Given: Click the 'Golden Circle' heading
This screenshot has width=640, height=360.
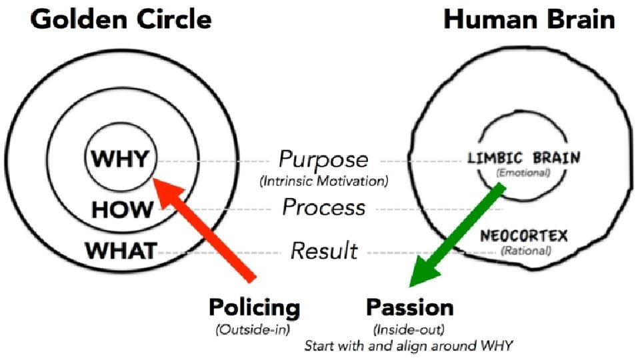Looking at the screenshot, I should (121, 19).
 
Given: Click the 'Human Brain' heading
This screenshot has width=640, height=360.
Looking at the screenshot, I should (529, 19).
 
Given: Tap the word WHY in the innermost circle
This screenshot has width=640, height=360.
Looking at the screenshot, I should (121, 160).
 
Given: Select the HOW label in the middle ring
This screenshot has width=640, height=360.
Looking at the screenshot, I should (122, 210).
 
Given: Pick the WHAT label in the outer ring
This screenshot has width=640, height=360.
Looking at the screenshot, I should (121, 251).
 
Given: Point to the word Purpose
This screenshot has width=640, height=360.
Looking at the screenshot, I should (323, 160).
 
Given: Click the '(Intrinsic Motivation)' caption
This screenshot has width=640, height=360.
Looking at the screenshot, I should (323, 180).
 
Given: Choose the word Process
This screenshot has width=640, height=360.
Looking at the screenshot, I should (324, 207).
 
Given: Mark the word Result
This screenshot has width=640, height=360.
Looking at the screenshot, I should (325, 251).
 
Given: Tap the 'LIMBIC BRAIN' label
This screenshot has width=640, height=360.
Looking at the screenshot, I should (524, 159).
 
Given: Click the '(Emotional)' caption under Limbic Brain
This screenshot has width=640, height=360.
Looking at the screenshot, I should (524, 173).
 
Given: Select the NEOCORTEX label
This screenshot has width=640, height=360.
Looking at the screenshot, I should (524, 236).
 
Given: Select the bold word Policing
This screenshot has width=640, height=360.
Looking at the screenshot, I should (255, 308).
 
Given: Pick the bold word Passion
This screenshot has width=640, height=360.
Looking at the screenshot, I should (410, 308).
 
